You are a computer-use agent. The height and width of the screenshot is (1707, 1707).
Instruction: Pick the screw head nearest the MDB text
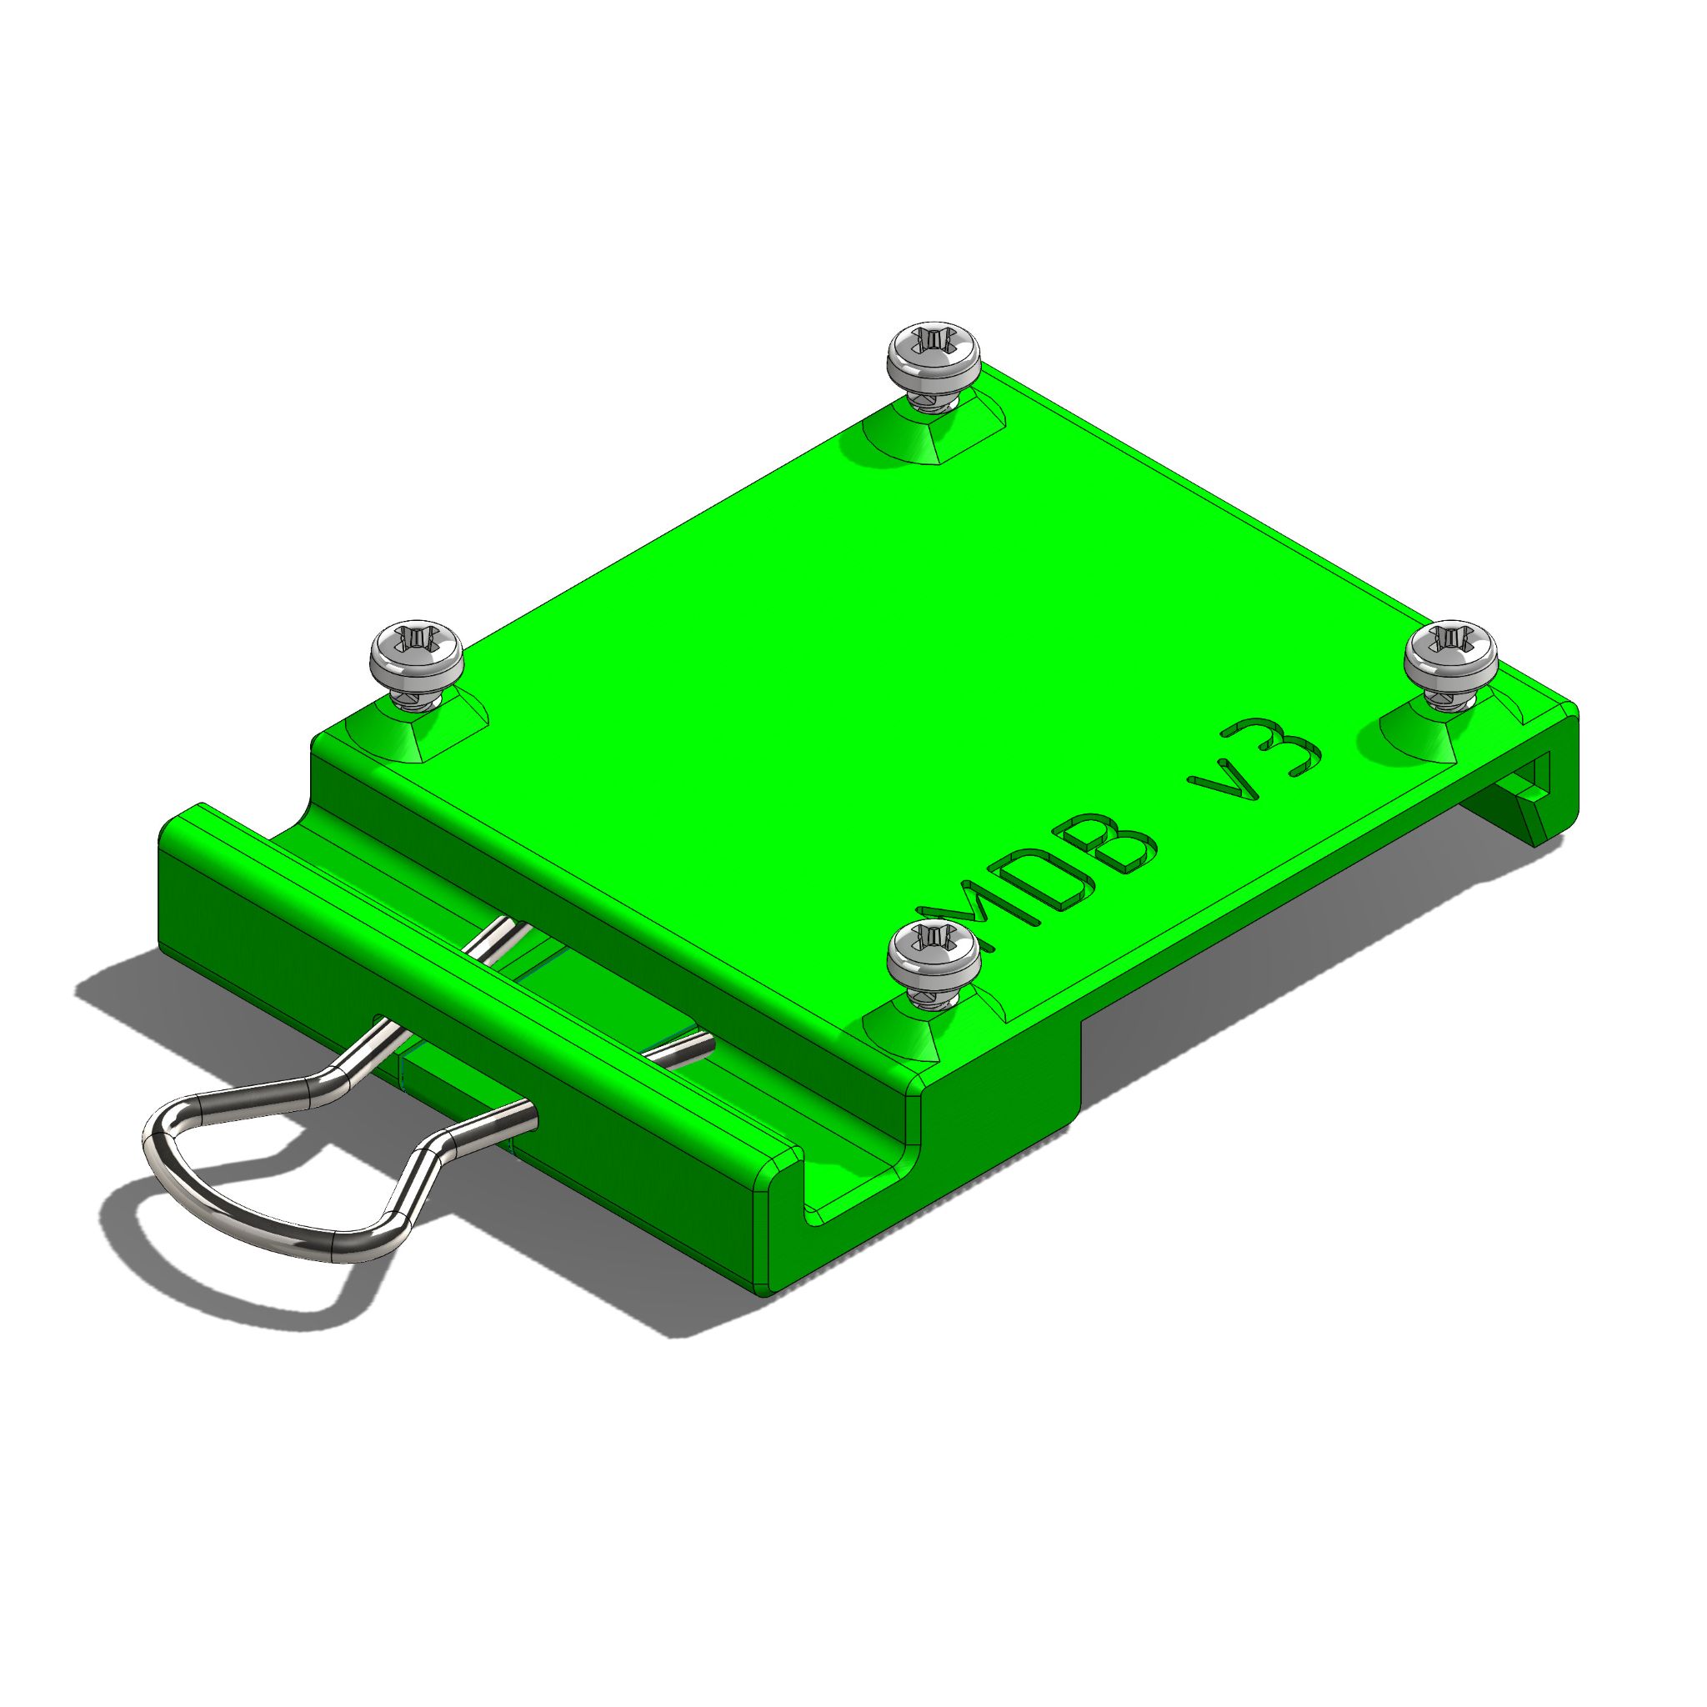click(x=932, y=955)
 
